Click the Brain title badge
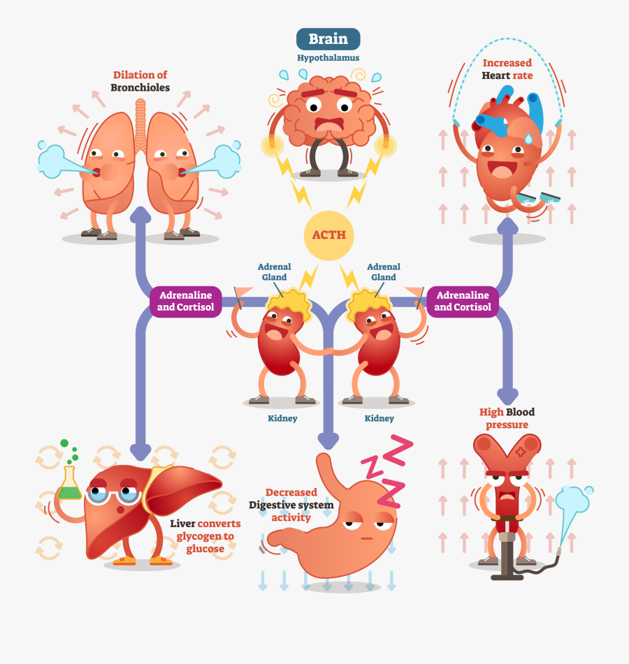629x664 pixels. tap(328, 39)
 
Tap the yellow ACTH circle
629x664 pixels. tap(328, 235)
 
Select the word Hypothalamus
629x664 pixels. tap(328, 58)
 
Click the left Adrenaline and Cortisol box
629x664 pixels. tap(186, 301)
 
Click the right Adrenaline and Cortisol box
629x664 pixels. tap(463, 301)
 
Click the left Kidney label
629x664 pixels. tap(282, 418)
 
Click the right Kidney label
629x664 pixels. tap(379, 418)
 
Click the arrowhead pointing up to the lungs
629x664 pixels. tap(143, 215)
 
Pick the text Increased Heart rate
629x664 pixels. tap(507, 69)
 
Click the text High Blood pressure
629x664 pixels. tap(507, 418)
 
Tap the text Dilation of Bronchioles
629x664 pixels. tap(140, 81)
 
